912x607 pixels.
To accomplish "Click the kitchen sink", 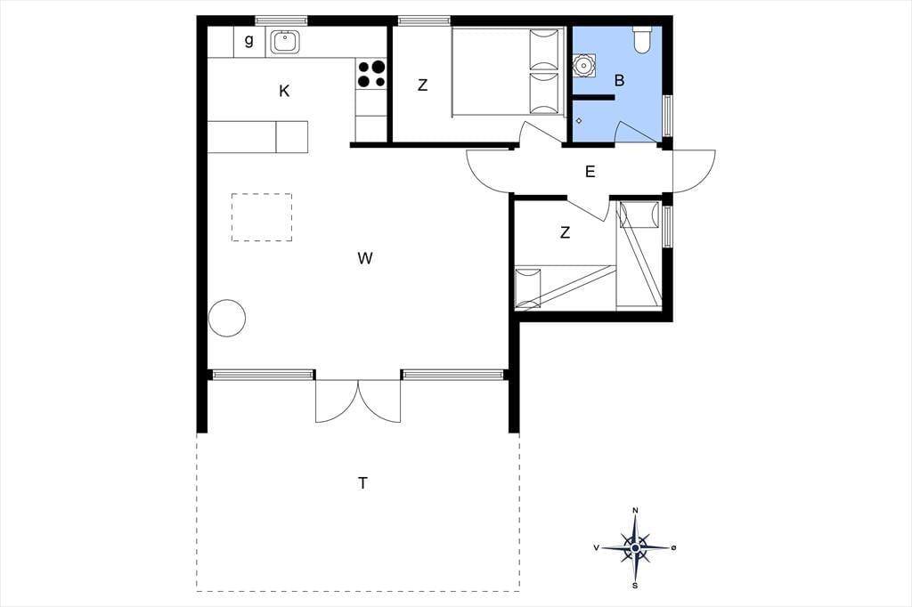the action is (285, 41).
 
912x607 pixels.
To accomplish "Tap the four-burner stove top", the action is (371, 74).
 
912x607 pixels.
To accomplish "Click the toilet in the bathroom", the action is (642, 40).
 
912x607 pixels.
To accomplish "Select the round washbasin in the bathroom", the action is (582, 66).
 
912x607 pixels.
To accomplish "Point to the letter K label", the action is (284, 92).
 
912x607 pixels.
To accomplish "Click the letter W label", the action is (364, 258).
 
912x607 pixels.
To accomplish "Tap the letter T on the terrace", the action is (363, 483).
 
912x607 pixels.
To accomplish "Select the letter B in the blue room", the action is (620, 81).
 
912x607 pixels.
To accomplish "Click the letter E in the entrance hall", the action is (590, 172).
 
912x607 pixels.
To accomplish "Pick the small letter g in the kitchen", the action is (249, 41).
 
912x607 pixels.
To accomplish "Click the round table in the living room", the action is (227, 318).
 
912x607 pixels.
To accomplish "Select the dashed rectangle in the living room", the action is (262, 217).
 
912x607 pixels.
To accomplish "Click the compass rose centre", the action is (635, 547).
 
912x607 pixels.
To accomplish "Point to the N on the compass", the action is (635, 511).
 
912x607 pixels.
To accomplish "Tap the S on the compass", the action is (635, 586).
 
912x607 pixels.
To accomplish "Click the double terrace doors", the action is (358, 401).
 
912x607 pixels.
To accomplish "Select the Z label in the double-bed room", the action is (423, 85).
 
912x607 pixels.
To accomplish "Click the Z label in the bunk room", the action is (565, 233).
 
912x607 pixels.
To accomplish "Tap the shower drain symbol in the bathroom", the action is (579, 121).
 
